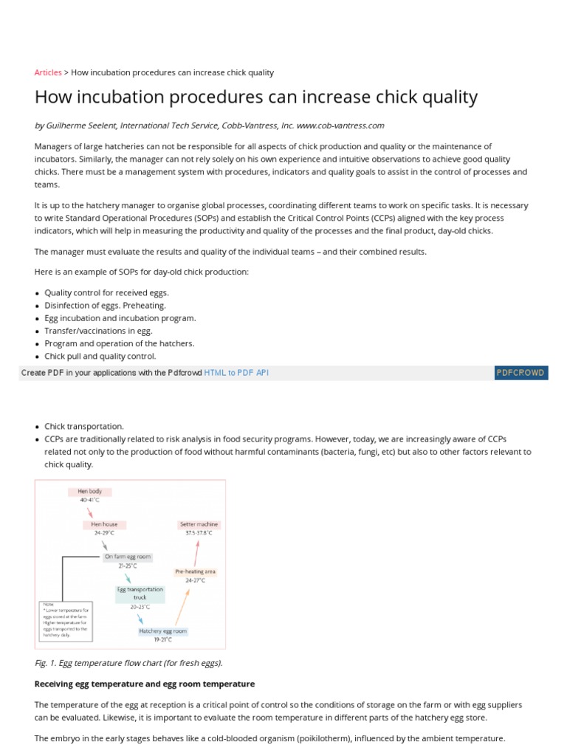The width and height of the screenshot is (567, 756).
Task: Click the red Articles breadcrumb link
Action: [48, 72]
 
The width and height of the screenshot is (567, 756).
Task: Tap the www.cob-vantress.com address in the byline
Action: [340, 126]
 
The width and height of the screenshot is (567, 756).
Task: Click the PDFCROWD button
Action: [520, 373]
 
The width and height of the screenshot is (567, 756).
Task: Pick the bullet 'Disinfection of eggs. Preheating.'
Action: [106, 305]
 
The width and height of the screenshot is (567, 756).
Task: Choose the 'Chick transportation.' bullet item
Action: [84, 426]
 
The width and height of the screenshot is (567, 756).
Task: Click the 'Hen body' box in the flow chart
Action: [89, 492]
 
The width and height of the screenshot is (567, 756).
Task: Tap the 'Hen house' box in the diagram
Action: [104, 525]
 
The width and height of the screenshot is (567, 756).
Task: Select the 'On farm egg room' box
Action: [128, 557]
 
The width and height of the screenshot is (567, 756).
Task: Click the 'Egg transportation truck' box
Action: [140, 594]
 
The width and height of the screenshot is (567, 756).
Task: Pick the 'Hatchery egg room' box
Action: [163, 631]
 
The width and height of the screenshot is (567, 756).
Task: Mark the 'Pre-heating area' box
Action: [195, 571]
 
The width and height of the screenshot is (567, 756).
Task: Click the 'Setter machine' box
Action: [199, 525]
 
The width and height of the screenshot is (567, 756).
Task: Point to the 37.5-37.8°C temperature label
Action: [199, 533]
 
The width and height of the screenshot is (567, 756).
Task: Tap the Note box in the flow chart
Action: [65, 620]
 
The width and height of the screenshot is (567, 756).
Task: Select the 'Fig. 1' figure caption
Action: [128, 663]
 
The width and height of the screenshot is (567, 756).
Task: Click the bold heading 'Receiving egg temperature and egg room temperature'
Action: [145, 684]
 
